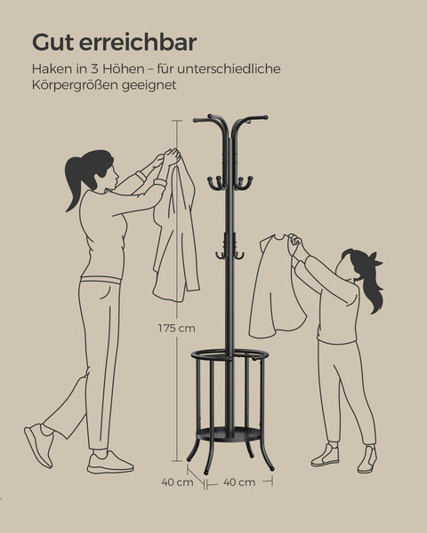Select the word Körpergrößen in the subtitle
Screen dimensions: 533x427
75,86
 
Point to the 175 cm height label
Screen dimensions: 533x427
176,328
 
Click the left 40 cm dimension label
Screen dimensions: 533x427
177,482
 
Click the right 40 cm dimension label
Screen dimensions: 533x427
238,482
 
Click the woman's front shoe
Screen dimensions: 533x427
109,462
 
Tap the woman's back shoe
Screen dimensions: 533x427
38,444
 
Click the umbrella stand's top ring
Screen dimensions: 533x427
230,356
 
